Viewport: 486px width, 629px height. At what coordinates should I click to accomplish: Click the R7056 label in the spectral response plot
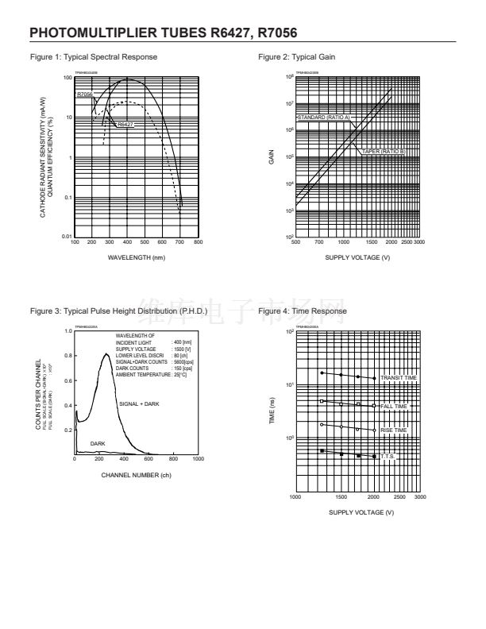coord(85,95)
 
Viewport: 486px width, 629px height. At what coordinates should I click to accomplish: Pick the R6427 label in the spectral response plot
coord(125,125)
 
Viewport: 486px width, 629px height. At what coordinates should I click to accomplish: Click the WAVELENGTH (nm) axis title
coord(137,258)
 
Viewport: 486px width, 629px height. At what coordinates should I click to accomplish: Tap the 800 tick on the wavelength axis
coord(199,241)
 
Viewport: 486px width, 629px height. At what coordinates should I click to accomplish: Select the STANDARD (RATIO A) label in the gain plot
coord(323,117)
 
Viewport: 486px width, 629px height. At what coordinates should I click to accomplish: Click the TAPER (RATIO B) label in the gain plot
coord(384,151)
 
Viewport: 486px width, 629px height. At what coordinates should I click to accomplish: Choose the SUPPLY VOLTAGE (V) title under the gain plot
coord(357,258)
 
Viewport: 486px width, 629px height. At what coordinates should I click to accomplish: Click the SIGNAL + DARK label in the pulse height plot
coord(139,404)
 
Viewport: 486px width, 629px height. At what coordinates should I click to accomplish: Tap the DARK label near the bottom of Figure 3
coord(97,443)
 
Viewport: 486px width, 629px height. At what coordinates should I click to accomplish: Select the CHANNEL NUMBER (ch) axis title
coord(136,475)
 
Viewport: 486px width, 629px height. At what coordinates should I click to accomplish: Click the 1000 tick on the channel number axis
coord(198,459)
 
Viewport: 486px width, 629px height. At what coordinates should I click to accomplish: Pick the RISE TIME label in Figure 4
coord(393,430)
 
